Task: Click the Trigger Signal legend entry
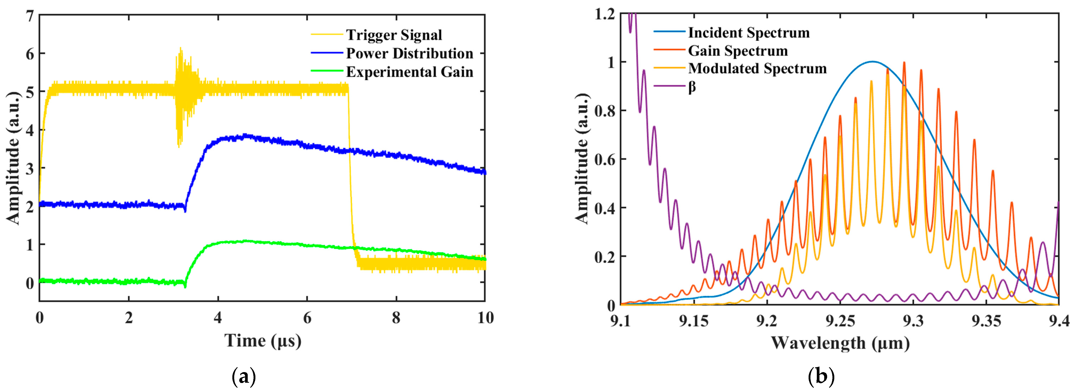tap(394, 35)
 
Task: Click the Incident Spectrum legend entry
tap(748, 33)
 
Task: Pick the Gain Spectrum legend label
tap(738, 51)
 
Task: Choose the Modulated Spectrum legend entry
tap(757, 68)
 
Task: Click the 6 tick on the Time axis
tap(307, 318)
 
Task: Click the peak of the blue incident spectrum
tap(873, 62)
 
